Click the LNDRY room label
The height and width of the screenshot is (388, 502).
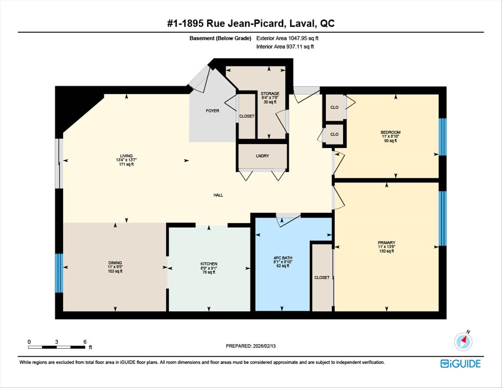262,156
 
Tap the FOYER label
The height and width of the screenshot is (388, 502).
212,111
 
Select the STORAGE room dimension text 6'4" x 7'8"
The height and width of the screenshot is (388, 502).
270,98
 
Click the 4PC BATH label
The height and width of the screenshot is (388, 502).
283,258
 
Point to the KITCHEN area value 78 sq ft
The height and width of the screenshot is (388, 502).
209,272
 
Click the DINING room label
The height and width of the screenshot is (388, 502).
115,263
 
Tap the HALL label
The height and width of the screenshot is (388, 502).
218,195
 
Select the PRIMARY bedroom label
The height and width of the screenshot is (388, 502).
386,243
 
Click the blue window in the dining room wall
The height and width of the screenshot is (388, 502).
59,273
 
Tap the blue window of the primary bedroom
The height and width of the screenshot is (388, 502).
442,218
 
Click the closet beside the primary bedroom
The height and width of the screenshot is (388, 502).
322,277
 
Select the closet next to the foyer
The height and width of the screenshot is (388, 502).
247,116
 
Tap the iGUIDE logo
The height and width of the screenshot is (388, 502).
460,364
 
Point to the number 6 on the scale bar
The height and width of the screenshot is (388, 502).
85,342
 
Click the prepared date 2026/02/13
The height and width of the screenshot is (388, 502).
264,346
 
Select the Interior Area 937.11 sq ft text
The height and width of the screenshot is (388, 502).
285,47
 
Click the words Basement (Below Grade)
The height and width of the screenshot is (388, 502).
220,38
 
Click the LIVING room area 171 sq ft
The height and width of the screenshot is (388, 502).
126,164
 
